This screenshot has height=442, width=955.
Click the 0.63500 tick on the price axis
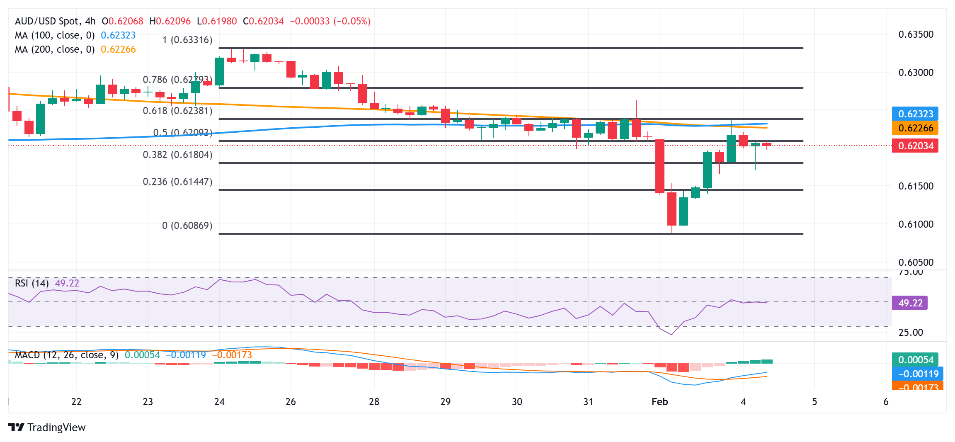tap(916, 34)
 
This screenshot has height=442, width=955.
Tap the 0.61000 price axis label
tap(916, 224)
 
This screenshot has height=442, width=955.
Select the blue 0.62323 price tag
tap(915, 114)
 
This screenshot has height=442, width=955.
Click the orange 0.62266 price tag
tap(915, 128)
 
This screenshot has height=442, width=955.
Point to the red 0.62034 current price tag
tap(915, 146)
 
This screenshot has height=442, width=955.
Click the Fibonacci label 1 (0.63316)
tap(187, 40)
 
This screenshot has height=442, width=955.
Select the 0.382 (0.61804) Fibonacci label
tap(177, 155)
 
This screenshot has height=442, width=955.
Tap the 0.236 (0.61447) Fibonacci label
tap(177, 182)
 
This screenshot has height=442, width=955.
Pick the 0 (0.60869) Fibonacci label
tap(187, 226)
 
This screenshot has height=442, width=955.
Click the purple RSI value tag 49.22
tap(910, 303)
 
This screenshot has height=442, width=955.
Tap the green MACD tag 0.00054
tap(915, 360)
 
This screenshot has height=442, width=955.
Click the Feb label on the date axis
tap(659, 402)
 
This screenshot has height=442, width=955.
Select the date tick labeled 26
tap(291, 402)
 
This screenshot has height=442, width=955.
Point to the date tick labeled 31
tap(588, 402)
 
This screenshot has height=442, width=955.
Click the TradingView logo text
tap(56, 427)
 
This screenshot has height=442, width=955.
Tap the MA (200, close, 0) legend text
tap(55, 49)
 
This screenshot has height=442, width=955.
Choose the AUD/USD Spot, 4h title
tap(55, 21)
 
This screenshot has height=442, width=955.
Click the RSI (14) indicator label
tap(32, 283)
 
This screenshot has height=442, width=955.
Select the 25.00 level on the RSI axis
tap(910, 333)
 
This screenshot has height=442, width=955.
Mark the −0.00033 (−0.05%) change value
tap(330, 21)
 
